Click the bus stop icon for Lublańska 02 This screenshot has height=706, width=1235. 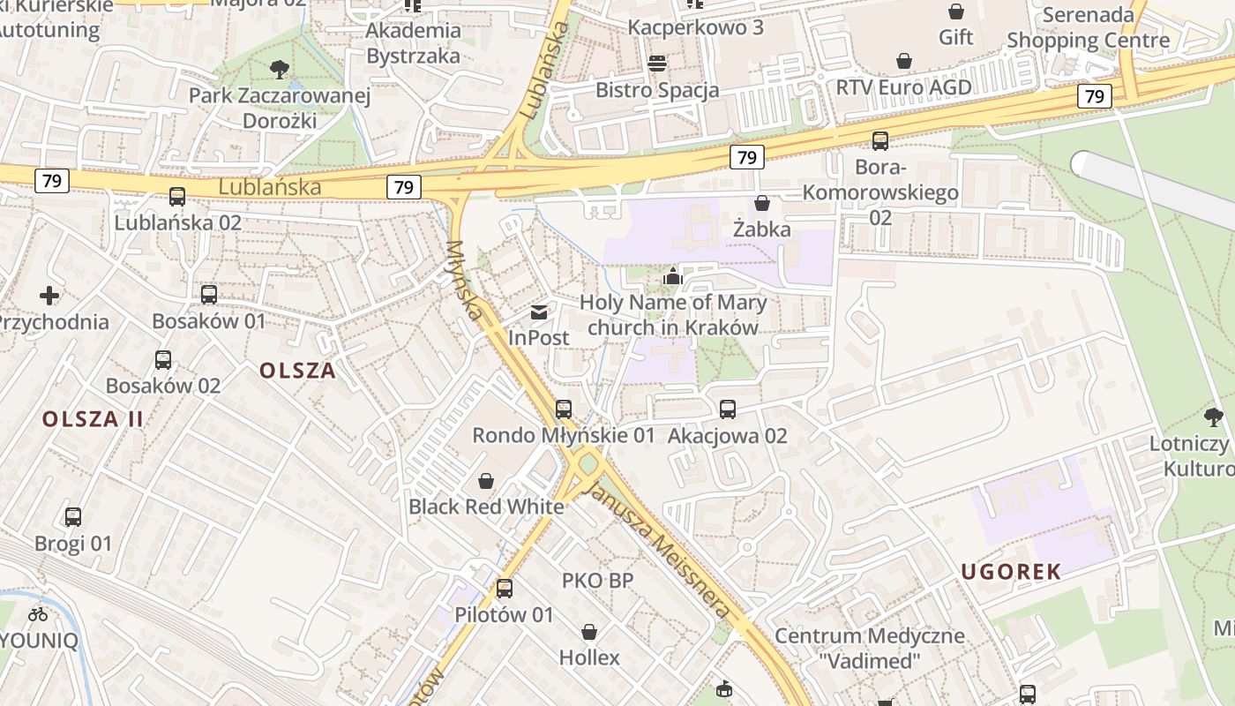177,197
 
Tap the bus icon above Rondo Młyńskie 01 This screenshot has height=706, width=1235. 564,409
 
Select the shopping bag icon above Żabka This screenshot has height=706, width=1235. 762,204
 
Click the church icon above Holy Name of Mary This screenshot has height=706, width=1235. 673,277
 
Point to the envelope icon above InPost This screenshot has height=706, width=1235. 539,312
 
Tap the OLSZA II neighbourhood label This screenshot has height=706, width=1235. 93,418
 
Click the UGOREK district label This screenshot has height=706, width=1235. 1011,572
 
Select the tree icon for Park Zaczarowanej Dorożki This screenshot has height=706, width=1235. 280,69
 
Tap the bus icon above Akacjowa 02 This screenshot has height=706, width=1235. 728,409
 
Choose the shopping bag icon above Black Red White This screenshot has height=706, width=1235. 485,481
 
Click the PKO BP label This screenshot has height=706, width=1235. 597,581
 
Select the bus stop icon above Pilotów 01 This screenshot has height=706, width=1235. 505,589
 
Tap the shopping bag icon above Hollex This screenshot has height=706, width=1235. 589,632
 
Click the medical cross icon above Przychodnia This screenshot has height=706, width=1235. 49,296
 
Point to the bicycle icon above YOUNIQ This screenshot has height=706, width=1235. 38,614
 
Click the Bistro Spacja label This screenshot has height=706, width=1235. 657,90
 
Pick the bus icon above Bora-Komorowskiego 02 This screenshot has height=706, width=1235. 880,141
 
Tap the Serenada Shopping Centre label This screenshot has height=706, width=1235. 1089,27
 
